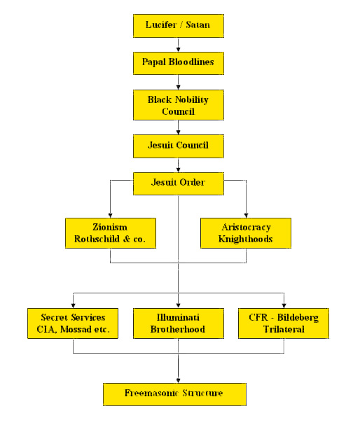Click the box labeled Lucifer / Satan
[x=179, y=26]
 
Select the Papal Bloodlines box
[x=179, y=64]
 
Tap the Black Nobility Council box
[x=179, y=105]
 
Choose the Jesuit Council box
[x=179, y=146]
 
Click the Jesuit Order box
[x=179, y=183]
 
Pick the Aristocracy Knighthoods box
[x=246, y=233]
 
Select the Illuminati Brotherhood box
[x=179, y=323]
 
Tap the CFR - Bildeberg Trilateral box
[x=284, y=323]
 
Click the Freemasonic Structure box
[x=174, y=394]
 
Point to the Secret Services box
[x=73, y=323]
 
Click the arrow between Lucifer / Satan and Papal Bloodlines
[x=178, y=45]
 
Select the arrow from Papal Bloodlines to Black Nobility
[x=178, y=82]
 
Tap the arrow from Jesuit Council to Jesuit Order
[x=178, y=165]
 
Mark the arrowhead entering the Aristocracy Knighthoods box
[x=246, y=216]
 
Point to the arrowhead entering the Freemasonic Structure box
[x=178, y=381]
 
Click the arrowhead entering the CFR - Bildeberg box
[x=284, y=306]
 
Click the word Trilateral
[x=284, y=329]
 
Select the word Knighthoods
[x=246, y=239]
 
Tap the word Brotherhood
[x=178, y=329]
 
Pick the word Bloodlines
[x=191, y=62]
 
